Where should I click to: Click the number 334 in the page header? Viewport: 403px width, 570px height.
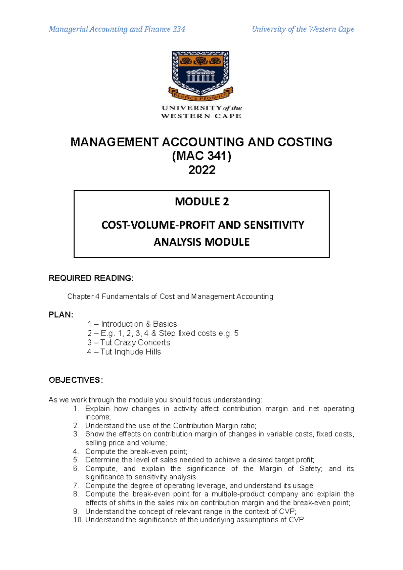(179, 29)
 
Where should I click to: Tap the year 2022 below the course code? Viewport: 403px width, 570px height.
(201, 170)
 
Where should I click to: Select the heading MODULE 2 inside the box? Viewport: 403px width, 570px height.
(201, 201)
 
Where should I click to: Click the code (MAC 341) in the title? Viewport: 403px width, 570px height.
(201, 156)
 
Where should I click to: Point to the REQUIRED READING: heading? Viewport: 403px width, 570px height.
(91, 278)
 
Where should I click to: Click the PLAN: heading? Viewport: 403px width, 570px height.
(61, 315)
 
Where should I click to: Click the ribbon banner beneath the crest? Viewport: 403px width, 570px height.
(200, 95)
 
